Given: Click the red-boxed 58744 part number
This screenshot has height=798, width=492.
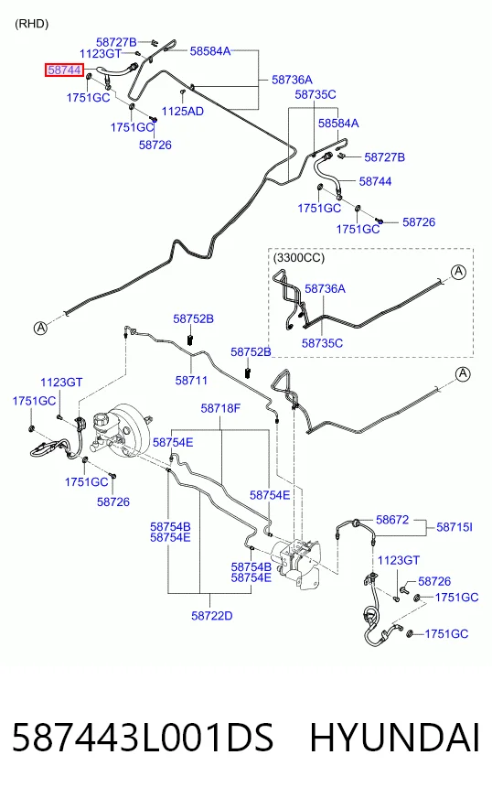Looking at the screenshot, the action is point(64,70).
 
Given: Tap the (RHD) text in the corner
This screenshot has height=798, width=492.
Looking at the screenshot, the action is point(31,24).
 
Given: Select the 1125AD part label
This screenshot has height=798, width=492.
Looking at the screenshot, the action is point(183,111).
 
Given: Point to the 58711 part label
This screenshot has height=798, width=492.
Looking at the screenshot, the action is point(191,380).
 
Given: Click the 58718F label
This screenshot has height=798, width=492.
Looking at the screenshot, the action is point(220,408).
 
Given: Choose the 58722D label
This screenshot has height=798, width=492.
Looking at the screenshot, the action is point(211,616).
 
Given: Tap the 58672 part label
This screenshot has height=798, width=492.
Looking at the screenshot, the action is point(392,520).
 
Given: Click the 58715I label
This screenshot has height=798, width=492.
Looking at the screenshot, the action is point(455,527).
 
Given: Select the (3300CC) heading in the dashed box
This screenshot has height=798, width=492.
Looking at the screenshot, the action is point(299,257).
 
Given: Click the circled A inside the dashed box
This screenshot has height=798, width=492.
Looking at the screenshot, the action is point(459,272).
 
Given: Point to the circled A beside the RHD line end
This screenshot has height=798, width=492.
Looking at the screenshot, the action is point(40,329).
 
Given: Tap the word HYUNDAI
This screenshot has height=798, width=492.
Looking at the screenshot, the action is point(394,738).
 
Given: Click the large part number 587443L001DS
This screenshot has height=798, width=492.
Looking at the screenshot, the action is point(143,738).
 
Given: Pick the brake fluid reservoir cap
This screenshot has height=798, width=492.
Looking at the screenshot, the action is point(101,420).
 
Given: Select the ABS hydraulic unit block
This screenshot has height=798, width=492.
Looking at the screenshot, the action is point(297,559).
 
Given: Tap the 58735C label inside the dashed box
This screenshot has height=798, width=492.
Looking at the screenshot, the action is point(322,343).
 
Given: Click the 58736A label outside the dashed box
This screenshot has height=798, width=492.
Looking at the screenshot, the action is point(292,80).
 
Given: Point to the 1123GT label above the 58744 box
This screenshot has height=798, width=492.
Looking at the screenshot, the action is point(101,53).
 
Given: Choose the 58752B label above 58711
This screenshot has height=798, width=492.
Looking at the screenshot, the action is point(193,318).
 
